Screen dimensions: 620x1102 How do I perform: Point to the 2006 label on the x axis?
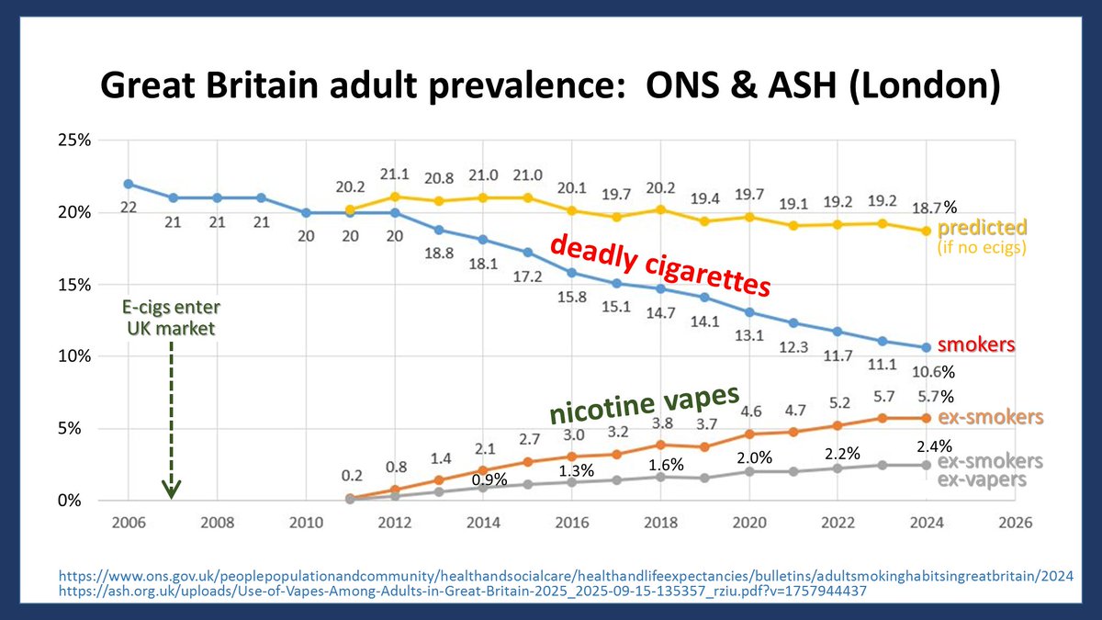click(128, 522)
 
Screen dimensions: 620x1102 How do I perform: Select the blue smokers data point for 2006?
click(128, 184)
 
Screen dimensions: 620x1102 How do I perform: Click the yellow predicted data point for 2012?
click(394, 196)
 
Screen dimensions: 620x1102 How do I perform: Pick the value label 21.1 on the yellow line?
click(394, 175)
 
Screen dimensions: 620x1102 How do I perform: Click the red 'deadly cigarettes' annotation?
click(658, 265)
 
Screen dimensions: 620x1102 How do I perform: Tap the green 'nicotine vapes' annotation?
click(644, 404)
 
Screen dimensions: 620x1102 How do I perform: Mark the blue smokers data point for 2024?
click(927, 347)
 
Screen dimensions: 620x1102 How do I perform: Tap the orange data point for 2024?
click(927, 418)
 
